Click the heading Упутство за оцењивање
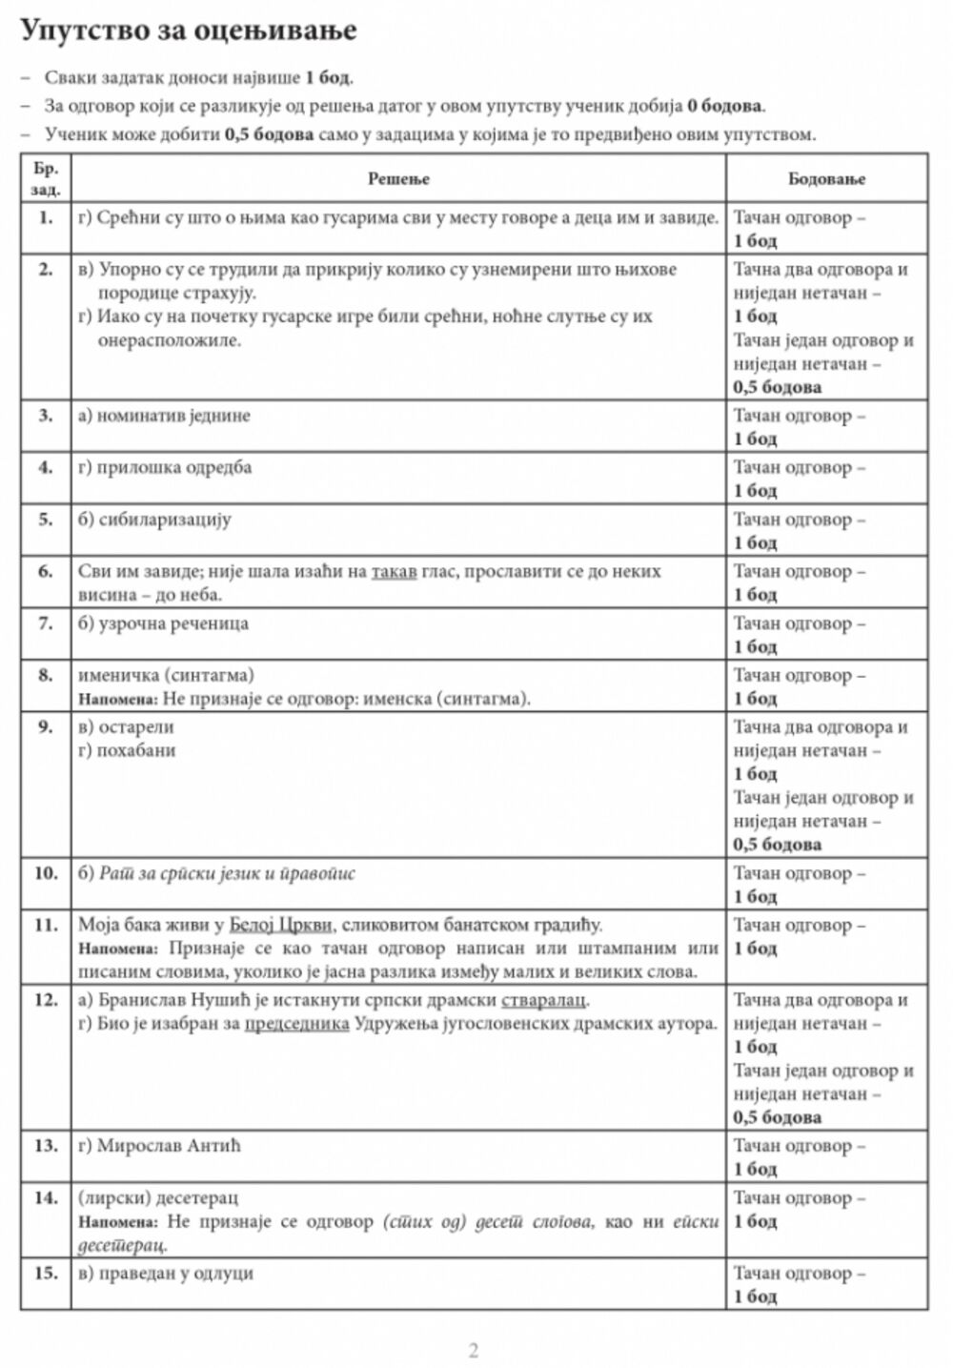coord(189,31)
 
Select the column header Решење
coord(398,178)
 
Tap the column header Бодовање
coord(826,178)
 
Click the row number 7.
coord(46,623)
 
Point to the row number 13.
coord(46,1145)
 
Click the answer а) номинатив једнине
coord(164,416)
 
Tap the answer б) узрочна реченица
coord(163,623)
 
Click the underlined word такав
coord(394,572)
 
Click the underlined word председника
coord(296,1024)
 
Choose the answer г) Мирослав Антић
coord(159,1145)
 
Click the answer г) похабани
coord(127,750)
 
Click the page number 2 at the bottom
coord(474,1350)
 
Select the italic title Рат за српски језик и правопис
coord(227,873)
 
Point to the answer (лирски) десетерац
coord(158,1197)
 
